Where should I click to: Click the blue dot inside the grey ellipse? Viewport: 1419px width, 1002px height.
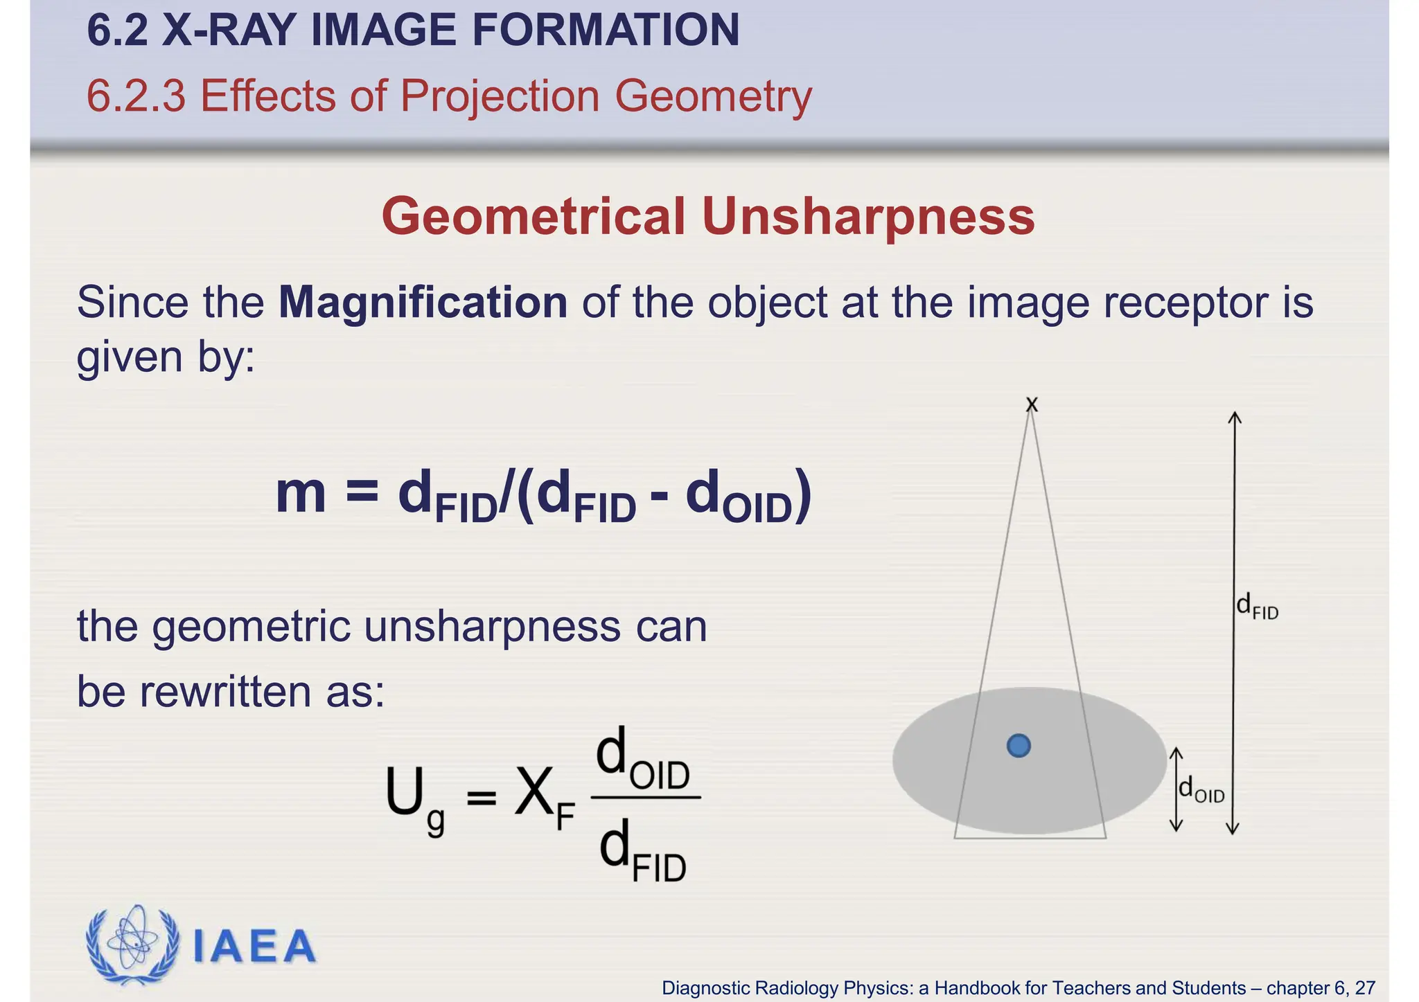[1019, 746]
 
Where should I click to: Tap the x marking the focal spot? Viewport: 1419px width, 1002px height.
[1032, 404]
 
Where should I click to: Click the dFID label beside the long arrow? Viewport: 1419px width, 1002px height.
[1257, 607]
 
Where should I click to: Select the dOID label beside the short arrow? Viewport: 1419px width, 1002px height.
[1201, 790]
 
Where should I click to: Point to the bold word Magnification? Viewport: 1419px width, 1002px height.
[423, 303]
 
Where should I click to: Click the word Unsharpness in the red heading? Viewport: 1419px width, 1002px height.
[868, 217]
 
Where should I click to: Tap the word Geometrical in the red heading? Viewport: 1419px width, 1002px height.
[534, 217]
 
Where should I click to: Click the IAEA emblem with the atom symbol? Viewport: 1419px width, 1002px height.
[132, 945]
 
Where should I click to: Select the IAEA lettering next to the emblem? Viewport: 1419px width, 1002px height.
[254, 947]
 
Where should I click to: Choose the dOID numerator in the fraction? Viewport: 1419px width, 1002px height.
[643, 760]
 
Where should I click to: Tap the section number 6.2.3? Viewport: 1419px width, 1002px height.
[136, 96]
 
